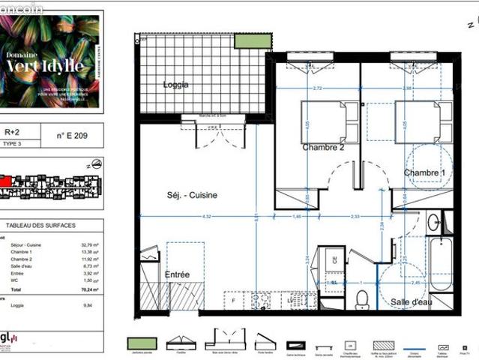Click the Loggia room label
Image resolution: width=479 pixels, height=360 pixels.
[x=176, y=85]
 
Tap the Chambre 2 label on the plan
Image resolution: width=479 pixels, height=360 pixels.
[x=323, y=147]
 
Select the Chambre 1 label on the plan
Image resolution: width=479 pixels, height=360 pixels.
[x=424, y=173]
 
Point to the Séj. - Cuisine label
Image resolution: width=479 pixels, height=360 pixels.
[x=192, y=195]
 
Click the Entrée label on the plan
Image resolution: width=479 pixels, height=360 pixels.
[x=178, y=274]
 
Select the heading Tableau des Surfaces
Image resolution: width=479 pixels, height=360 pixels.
[x=33, y=225]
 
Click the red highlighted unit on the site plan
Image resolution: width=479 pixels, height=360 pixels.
[x=5, y=180]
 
